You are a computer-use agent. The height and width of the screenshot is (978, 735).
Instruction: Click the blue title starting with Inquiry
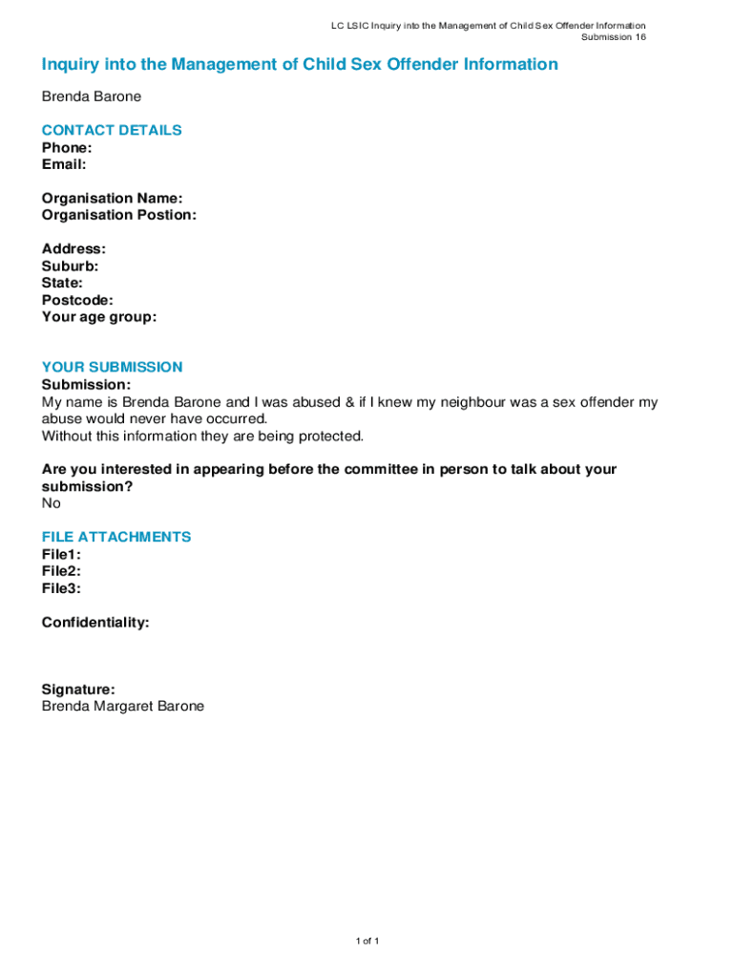(x=299, y=65)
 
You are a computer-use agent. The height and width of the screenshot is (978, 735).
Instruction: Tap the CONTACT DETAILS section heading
(x=112, y=130)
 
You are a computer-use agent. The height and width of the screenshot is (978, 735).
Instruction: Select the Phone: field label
(x=67, y=147)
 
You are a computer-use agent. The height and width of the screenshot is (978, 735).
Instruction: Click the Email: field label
(x=64, y=164)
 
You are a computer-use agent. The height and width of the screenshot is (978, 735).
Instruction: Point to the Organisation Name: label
(x=112, y=198)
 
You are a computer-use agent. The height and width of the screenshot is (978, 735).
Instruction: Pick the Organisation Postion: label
(x=118, y=215)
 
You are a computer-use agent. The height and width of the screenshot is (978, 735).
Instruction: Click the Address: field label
(x=73, y=249)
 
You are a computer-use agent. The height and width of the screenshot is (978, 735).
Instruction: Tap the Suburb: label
(x=70, y=266)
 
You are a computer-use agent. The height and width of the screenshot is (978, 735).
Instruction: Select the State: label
(x=62, y=283)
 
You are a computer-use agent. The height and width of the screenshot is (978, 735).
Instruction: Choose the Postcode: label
(x=77, y=300)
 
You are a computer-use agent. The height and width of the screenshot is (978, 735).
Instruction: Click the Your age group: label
(x=98, y=317)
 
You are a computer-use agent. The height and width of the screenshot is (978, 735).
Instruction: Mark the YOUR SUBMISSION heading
(x=112, y=367)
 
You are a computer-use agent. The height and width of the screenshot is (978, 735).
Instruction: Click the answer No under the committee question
(x=51, y=503)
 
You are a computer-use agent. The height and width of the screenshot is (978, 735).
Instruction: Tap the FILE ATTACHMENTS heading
(x=116, y=537)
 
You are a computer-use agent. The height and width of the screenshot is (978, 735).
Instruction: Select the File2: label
(x=61, y=571)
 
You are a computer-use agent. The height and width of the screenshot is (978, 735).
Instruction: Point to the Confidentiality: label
(x=95, y=623)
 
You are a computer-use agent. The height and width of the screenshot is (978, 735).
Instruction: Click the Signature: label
(x=78, y=689)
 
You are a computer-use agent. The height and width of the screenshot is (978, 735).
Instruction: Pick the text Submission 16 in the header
(x=614, y=37)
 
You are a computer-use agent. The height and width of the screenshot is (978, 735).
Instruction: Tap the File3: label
(x=61, y=588)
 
